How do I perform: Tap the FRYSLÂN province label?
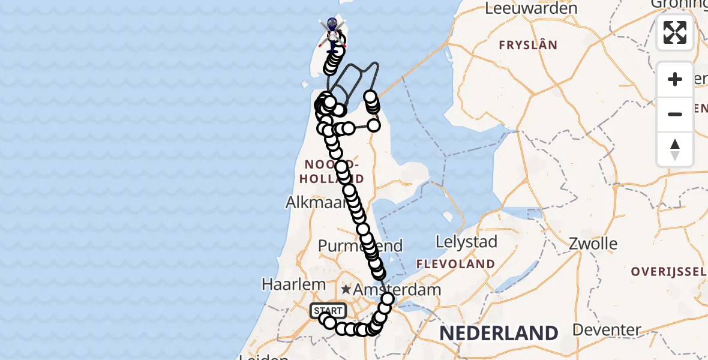[x=528, y=45]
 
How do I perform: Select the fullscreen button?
[x=675, y=32]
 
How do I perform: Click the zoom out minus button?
[x=675, y=114]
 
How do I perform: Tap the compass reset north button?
[x=675, y=149]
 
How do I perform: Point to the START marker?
[x=328, y=311]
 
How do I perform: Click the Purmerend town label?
[x=360, y=246]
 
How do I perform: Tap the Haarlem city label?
[x=294, y=284]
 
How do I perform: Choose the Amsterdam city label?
[x=397, y=289]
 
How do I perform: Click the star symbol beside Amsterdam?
[x=346, y=289]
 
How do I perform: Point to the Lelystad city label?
[x=467, y=242]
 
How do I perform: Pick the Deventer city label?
[x=607, y=330]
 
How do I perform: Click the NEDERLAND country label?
[x=499, y=333]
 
